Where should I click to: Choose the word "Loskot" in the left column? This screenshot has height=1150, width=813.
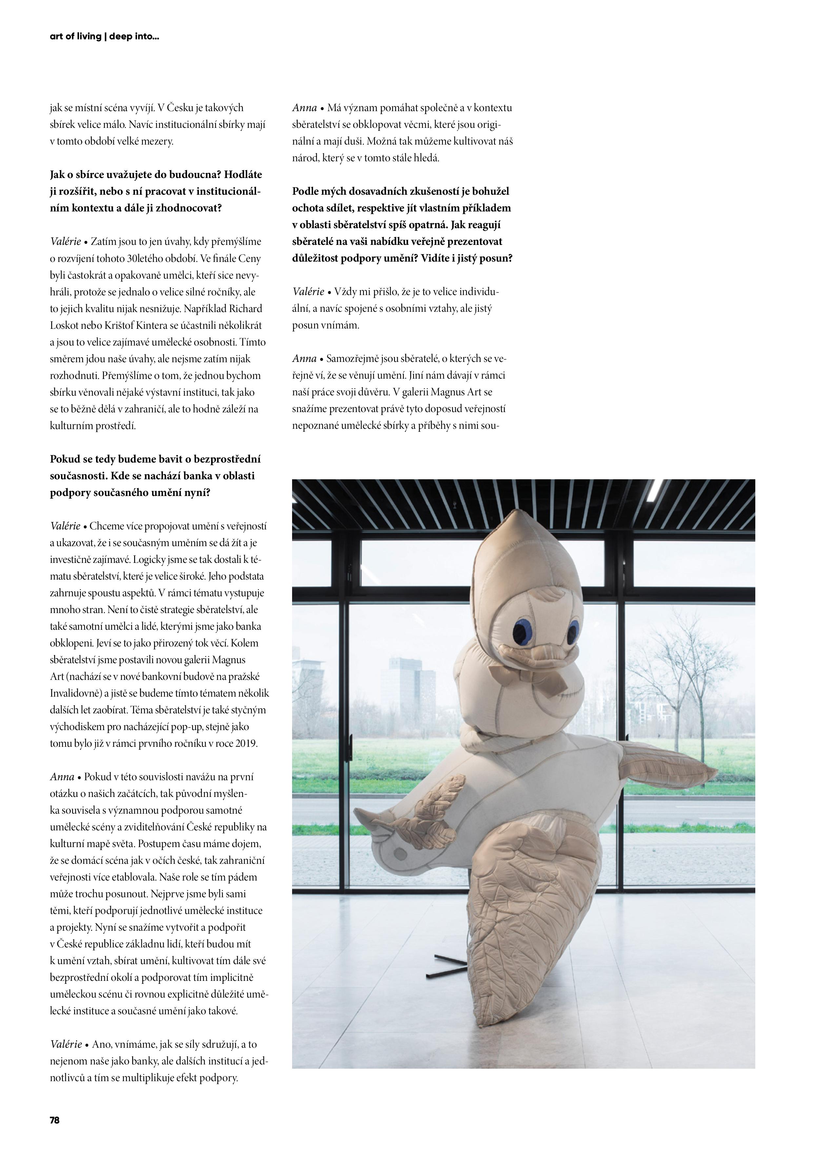coord(66,325)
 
